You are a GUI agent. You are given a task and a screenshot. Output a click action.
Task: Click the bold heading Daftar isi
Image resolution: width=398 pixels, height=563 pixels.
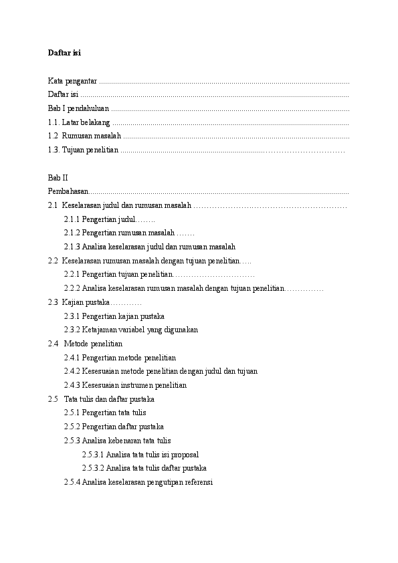pyautogui.click(x=64, y=52)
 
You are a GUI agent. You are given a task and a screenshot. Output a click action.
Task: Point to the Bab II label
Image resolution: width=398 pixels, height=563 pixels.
pyautogui.click(x=58, y=178)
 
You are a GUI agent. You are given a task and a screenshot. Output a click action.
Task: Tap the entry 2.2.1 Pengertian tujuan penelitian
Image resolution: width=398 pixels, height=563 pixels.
pyautogui.click(x=118, y=275)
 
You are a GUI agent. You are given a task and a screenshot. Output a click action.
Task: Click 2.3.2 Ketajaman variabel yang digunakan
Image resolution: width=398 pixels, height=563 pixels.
pyautogui.click(x=130, y=330)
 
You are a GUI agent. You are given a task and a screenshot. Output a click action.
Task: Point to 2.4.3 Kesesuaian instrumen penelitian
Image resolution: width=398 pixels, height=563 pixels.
pyautogui.click(x=125, y=385)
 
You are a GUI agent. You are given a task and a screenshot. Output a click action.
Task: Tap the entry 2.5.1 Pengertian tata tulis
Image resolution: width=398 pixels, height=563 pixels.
pyautogui.click(x=105, y=413)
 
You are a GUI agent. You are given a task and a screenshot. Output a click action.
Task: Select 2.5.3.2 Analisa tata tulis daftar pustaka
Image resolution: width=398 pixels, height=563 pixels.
pyautogui.click(x=144, y=468)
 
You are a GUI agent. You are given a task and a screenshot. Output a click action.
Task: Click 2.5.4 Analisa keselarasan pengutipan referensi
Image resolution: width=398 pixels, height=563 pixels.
pyautogui.click(x=138, y=482)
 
